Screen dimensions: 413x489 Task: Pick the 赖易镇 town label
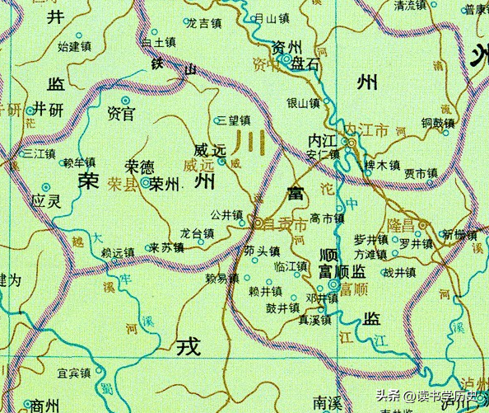pyautogui.click(x=221, y=279)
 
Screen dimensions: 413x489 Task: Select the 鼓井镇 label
pyautogui.click(x=282, y=307)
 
